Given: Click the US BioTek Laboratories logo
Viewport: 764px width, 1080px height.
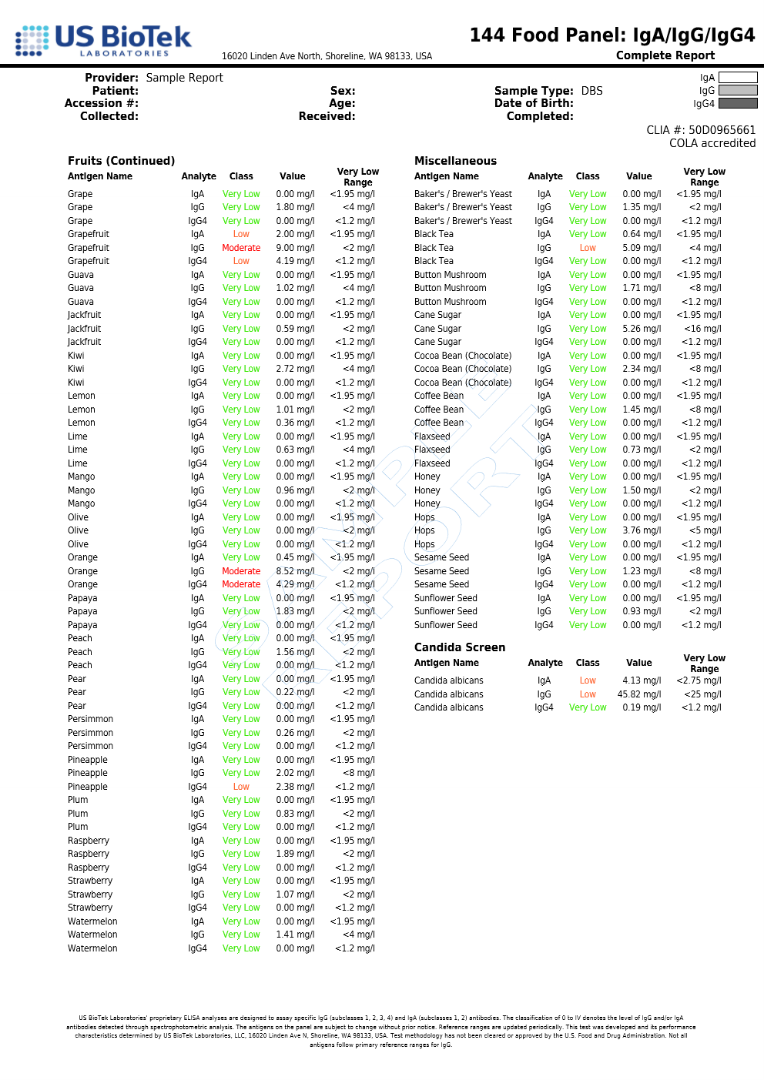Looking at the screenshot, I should [103, 41].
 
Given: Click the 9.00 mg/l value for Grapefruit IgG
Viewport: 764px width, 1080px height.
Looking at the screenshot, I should [295, 248].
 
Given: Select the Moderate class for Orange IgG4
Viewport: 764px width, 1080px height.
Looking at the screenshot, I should [241, 584].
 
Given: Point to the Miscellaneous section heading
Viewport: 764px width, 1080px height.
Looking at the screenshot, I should [455, 161].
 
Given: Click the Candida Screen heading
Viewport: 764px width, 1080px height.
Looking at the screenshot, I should [459, 647].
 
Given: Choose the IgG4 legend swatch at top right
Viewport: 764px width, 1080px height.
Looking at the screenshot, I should [737, 104].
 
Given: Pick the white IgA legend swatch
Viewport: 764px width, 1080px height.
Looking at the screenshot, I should [737, 78].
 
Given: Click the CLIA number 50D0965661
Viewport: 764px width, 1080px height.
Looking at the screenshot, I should [701, 130].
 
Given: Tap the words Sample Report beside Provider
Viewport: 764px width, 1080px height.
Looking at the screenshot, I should [184, 78].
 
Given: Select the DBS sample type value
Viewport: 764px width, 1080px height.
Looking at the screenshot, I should [591, 91].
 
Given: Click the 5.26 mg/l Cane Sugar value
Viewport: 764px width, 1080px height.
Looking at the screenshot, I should [642, 329].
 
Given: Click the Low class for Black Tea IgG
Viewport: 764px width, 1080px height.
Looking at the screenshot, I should [588, 248].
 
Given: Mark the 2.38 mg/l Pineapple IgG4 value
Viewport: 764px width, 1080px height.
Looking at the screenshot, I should [295, 787].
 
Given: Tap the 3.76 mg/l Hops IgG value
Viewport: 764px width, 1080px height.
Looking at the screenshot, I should [642, 530].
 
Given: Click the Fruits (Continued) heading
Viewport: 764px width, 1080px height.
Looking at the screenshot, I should [121, 161].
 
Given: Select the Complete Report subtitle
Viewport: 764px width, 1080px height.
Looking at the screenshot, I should [665, 55].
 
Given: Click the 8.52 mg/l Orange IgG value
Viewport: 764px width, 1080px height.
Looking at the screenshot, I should [295, 571].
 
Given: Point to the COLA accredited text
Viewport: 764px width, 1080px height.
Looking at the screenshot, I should [712, 143].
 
